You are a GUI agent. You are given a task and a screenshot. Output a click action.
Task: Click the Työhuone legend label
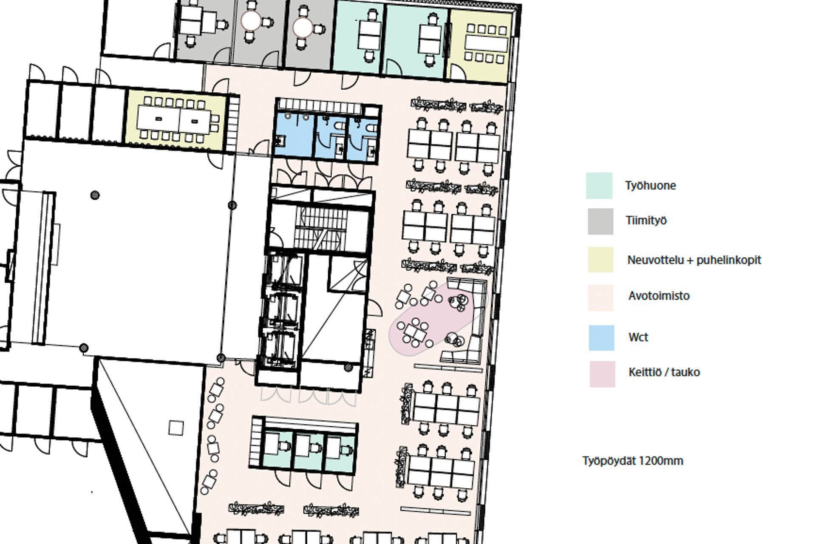[x=650, y=186]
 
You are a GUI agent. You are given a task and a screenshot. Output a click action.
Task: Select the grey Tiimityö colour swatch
[x=601, y=221]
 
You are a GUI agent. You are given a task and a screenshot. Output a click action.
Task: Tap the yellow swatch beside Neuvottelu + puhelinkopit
[x=601, y=259]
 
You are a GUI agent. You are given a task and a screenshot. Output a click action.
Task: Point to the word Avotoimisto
[x=659, y=296]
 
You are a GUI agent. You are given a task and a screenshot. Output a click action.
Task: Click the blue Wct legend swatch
[x=601, y=338]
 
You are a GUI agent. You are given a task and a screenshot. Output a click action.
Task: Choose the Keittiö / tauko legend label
[x=664, y=372]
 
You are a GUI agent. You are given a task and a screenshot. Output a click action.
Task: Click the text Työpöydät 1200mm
[x=633, y=461]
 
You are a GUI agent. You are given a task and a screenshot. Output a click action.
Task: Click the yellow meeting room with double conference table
[x=176, y=120]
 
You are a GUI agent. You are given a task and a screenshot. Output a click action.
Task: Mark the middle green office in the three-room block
[x=309, y=452]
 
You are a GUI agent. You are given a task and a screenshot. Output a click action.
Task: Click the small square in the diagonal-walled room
[x=176, y=428]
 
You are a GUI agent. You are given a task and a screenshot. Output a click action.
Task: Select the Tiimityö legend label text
[x=646, y=221]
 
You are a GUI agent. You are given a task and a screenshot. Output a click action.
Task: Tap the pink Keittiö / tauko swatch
[x=602, y=374]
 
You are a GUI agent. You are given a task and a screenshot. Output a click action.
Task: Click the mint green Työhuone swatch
[x=599, y=186]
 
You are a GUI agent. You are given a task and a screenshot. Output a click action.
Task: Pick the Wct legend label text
[x=638, y=337]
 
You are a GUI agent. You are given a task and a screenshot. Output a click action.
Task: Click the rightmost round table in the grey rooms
[x=303, y=28]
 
